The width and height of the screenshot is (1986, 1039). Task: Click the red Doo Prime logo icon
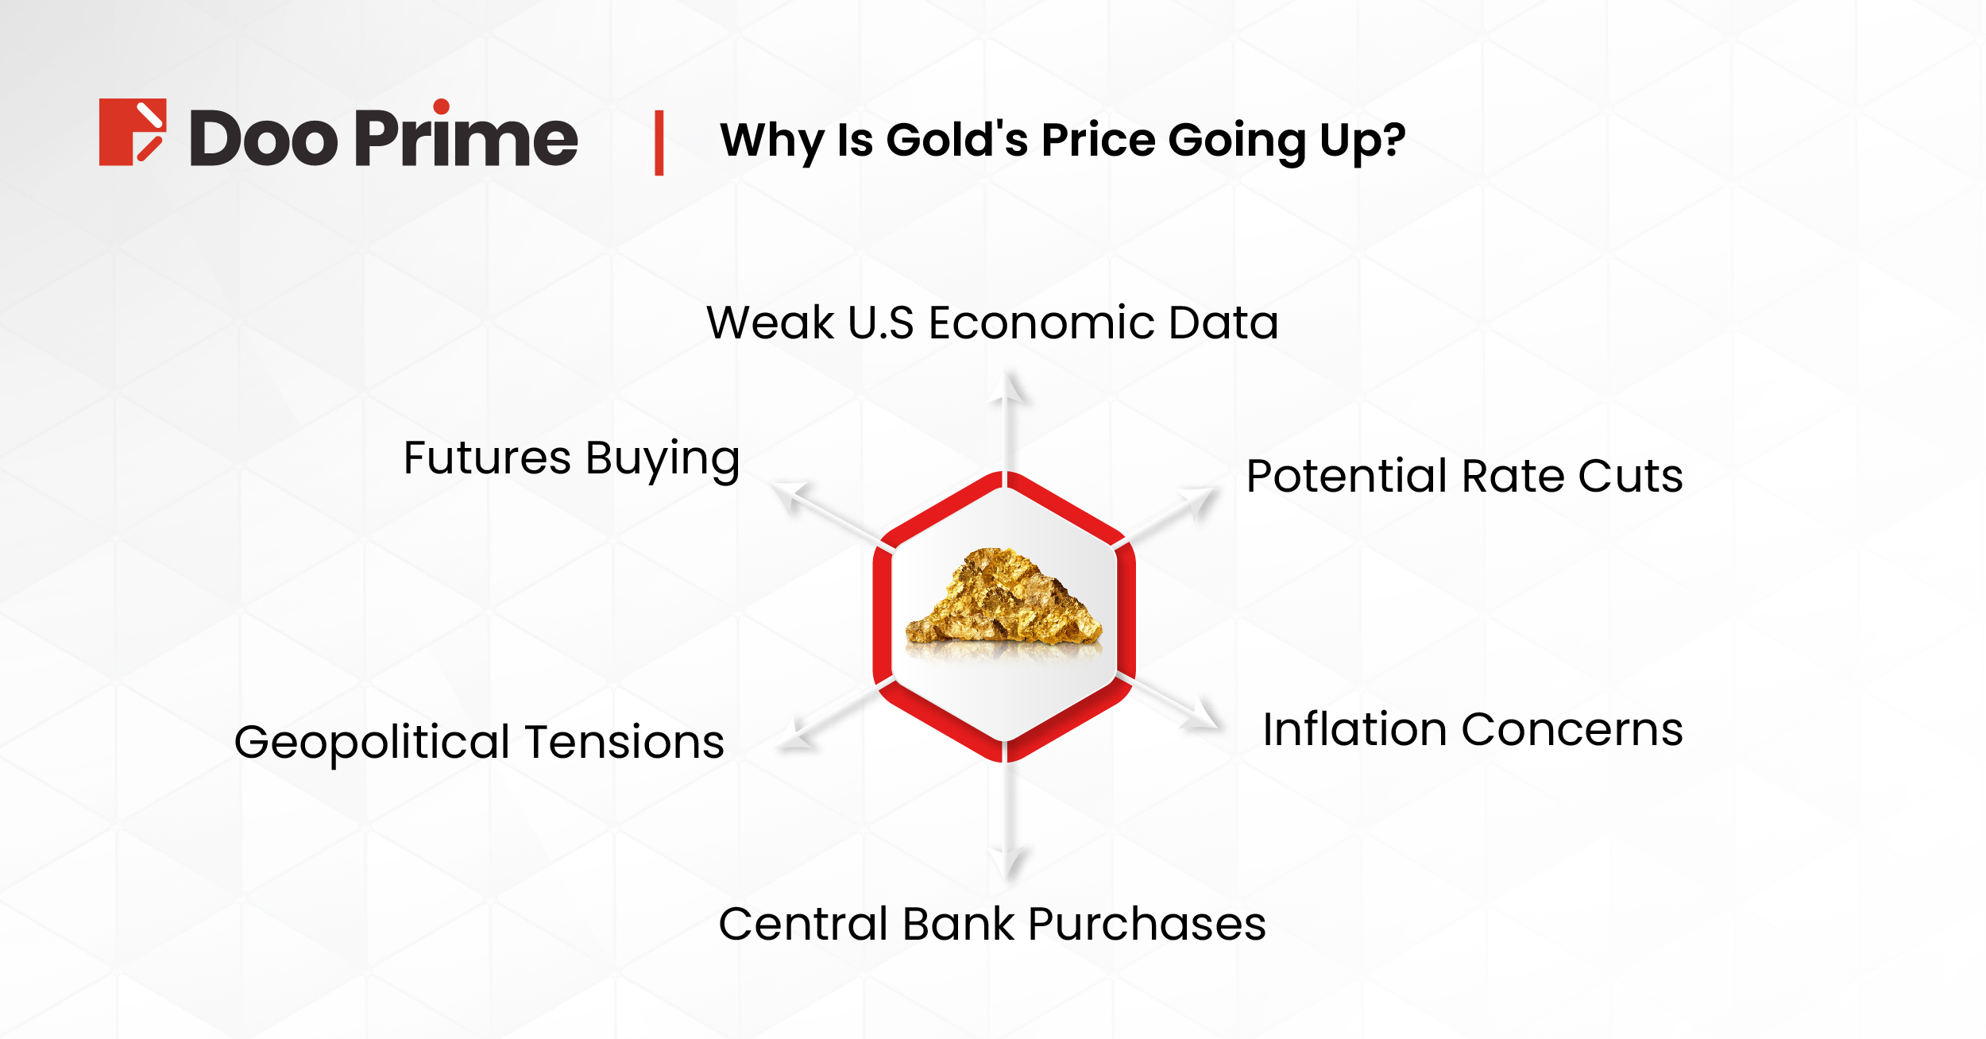pos(132,132)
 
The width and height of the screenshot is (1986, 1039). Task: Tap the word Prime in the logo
pos(466,139)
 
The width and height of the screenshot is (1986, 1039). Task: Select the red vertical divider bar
pos(659,143)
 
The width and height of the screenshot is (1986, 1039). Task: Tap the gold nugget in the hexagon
pos(1003,597)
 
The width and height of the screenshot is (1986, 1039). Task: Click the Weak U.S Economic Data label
pos(992,323)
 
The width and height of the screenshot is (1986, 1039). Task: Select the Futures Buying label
pos(571,459)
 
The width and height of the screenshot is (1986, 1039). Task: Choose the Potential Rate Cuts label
pos(1464,476)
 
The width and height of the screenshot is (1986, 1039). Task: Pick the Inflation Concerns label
pos(1472,729)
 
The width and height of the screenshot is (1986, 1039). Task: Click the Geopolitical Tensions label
pos(479,742)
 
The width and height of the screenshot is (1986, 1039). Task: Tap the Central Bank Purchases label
pos(992,924)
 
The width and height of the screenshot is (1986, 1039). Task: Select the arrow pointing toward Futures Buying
pos(818,512)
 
